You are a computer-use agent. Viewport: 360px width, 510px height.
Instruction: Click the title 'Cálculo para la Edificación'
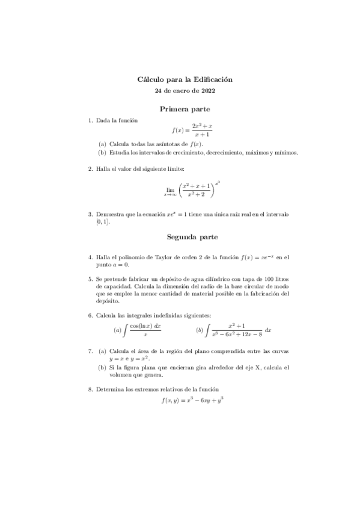click(185, 79)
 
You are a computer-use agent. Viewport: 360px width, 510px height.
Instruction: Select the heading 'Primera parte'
click(185, 109)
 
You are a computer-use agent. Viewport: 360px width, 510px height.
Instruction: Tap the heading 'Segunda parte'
click(185, 237)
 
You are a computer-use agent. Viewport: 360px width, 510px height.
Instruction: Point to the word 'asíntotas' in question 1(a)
click(157, 144)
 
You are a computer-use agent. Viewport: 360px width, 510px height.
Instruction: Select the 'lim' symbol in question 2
click(169, 188)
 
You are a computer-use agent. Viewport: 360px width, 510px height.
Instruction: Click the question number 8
click(90, 389)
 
